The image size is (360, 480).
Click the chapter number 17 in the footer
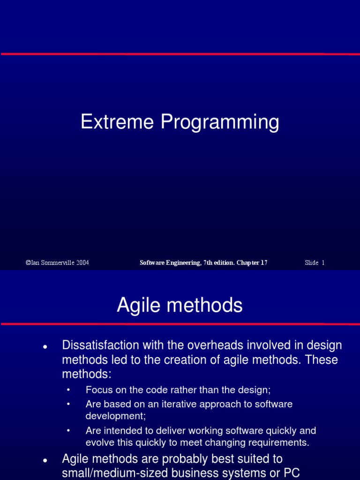tap(264, 262)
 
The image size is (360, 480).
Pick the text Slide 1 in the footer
tap(315, 262)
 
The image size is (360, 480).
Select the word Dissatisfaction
tap(100, 345)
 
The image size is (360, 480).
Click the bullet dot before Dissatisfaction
tap(45, 347)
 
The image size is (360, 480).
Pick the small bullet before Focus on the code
tap(68, 390)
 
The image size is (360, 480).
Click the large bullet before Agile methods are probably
tap(45, 461)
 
